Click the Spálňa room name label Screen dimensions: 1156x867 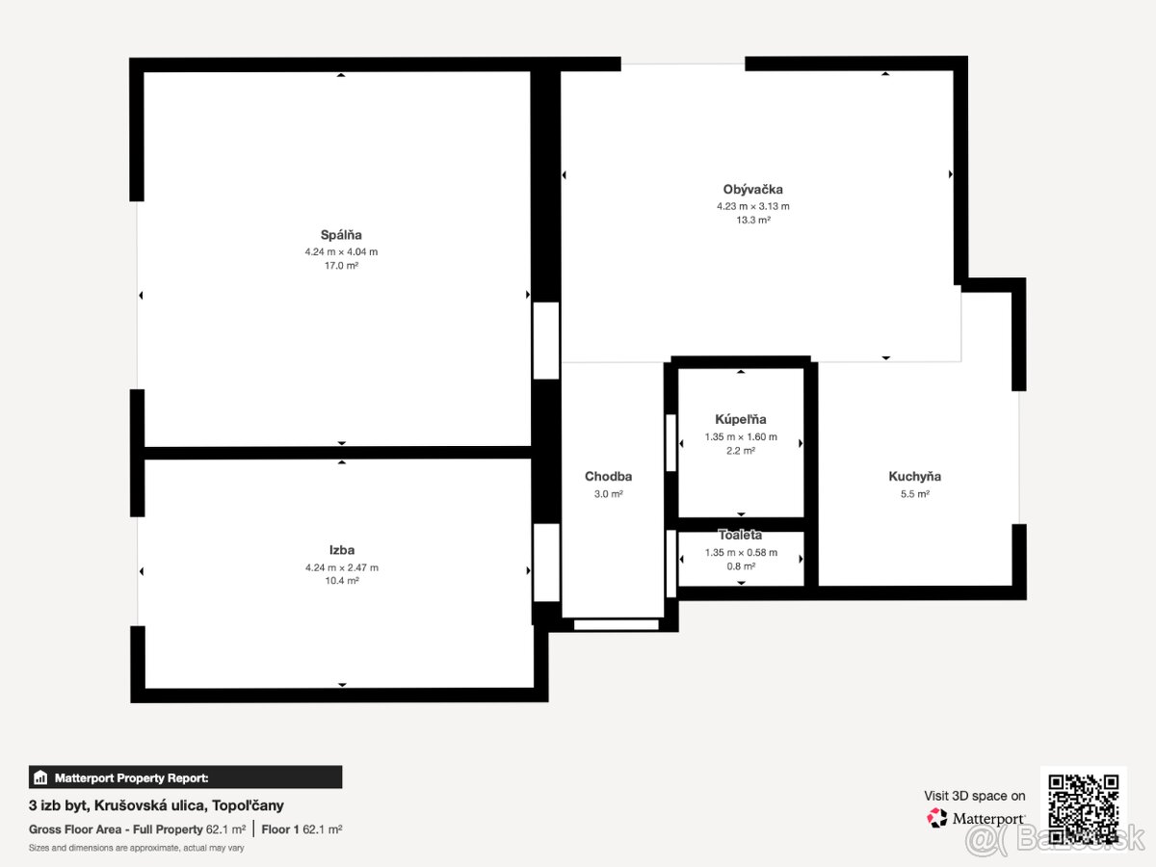pyautogui.click(x=341, y=235)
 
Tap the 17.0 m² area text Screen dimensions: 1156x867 pyautogui.click(x=341, y=266)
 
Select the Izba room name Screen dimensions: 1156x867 pyautogui.click(x=342, y=550)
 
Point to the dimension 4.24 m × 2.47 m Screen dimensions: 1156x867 pyautogui.click(x=342, y=567)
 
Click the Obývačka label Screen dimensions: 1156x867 pyautogui.click(x=752, y=190)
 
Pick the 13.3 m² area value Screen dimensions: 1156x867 pyautogui.click(x=753, y=220)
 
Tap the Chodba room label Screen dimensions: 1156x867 pyautogui.click(x=608, y=477)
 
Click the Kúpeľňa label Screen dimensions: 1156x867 pyautogui.click(x=741, y=420)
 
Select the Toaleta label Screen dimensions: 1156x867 pyautogui.click(x=741, y=535)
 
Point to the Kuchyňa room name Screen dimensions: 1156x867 pyautogui.click(x=915, y=477)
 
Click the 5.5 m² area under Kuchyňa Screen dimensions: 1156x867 pyautogui.click(x=915, y=494)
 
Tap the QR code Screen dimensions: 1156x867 pyautogui.click(x=1084, y=809)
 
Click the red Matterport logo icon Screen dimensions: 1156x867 pyautogui.click(x=936, y=818)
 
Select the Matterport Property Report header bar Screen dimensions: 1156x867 pyautogui.click(x=185, y=777)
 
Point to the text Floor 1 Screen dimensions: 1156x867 pyautogui.click(x=280, y=829)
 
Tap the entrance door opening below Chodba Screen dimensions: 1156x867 pyautogui.click(x=617, y=625)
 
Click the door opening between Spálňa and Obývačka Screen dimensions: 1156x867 pyautogui.click(x=546, y=341)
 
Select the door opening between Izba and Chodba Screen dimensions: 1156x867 pyautogui.click(x=546, y=563)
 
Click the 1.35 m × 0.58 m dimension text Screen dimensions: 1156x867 pyautogui.click(x=741, y=552)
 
